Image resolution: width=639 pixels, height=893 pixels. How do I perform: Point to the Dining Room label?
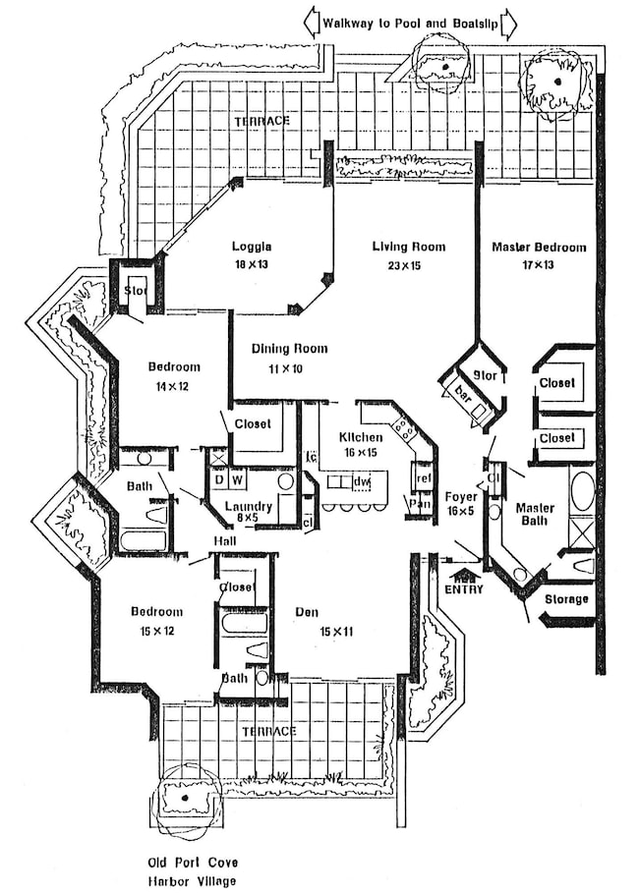(289, 349)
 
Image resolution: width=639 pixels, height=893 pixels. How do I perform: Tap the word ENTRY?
(465, 589)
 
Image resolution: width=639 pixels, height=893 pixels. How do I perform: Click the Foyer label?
(461, 497)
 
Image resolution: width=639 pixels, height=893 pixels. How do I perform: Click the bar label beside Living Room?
(464, 393)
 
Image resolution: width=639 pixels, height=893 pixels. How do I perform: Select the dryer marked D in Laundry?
(219, 480)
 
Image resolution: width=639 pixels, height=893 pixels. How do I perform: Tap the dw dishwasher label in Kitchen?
(362, 481)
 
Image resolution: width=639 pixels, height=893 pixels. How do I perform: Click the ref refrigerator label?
(424, 478)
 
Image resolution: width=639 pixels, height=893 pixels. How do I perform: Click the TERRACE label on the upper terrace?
(261, 121)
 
